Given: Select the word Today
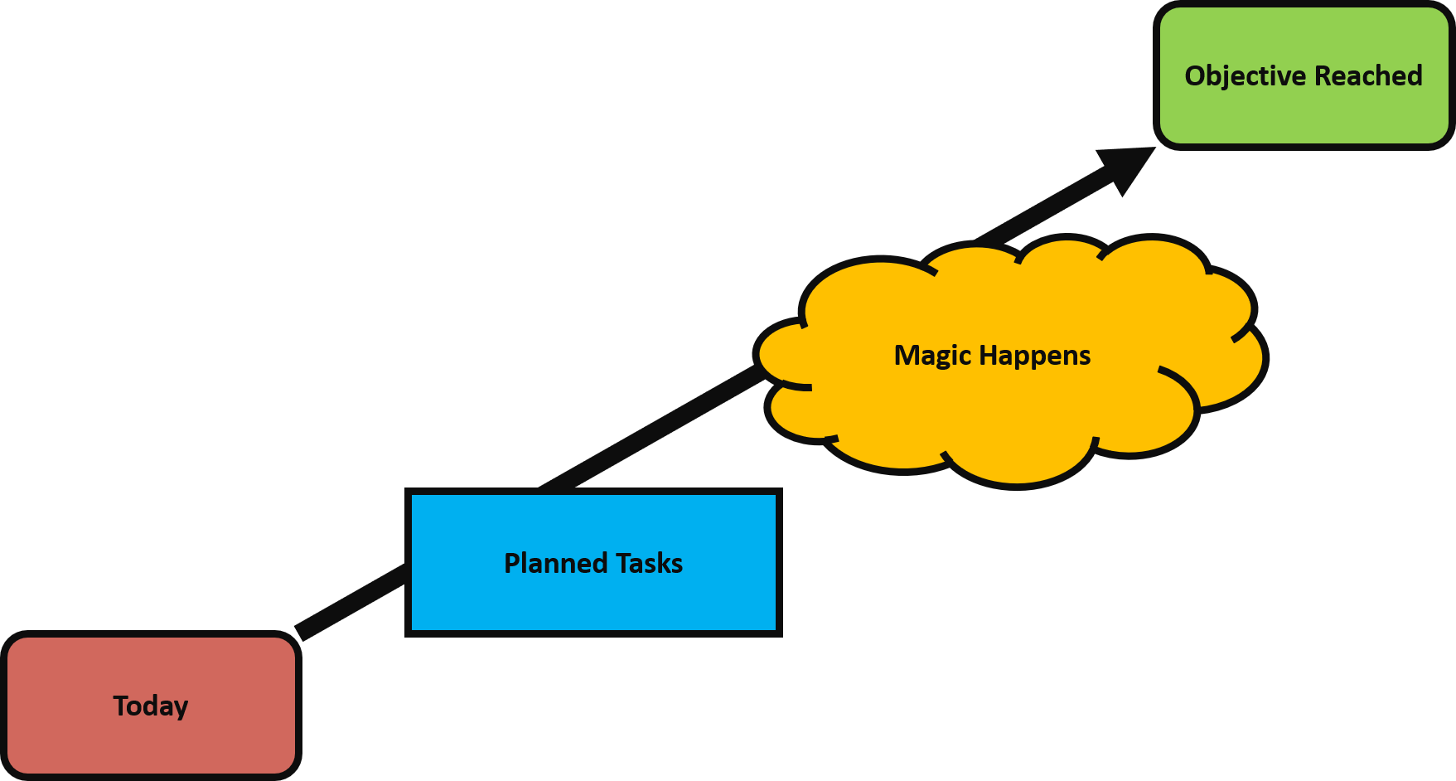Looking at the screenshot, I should (x=151, y=706).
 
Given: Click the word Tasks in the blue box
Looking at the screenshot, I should (x=650, y=564).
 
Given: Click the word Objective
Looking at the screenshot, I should (x=1245, y=76).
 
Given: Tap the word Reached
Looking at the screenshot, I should (x=1368, y=76).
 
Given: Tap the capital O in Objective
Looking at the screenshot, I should (x=1195, y=75).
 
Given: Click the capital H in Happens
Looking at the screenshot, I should (x=988, y=355).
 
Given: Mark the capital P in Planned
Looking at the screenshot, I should (x=513, y=563).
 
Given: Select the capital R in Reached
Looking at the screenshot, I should (x=1323, y=75).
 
